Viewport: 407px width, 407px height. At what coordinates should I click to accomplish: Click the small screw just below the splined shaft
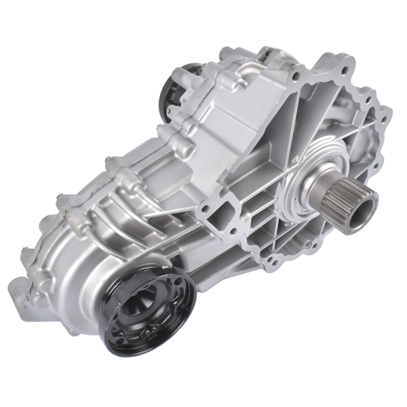pos(308,244)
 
